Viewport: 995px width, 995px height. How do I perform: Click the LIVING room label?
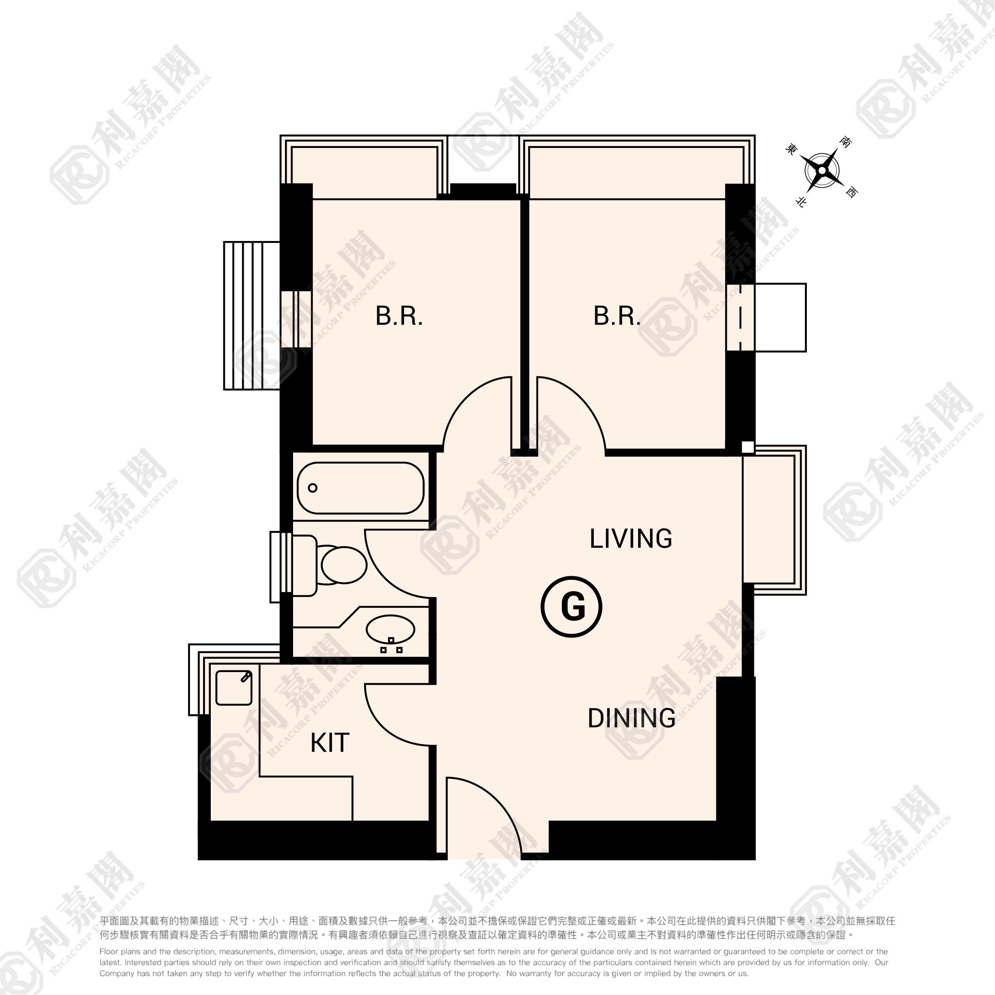point(630,539)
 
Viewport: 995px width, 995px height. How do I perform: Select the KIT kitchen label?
point(330,743)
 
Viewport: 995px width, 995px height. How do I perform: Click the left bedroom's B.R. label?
point(399,316)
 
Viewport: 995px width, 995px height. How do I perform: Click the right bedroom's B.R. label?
point(617,316)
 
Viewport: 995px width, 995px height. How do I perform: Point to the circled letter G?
point(572,606)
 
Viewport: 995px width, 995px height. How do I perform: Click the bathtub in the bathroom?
point(360,488)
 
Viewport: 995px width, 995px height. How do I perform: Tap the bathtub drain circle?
point(312,488)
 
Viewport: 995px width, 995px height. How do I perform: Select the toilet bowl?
point(344,564)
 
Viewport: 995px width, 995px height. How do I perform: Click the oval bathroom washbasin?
point(390,629)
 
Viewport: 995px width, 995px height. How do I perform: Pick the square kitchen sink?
point(234,687)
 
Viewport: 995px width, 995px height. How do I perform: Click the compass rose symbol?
point(822,171)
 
